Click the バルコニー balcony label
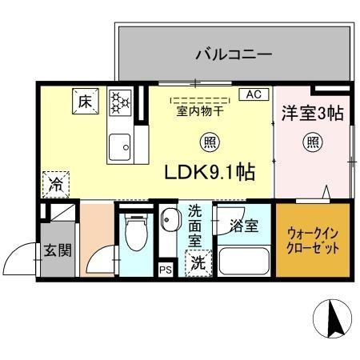click(234, 55)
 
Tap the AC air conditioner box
click(253, 94)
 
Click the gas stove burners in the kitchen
click(119, 102)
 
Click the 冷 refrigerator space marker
click(57, 185)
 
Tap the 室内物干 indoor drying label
click(200, 111)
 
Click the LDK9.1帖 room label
click(209, 173)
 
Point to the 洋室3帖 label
click(311, 114)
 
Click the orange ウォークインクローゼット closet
click(313, 241)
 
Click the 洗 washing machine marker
click(196, 262)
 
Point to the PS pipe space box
click(166, 270)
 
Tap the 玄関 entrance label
click(56, 250)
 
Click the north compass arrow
click(335, 320)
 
